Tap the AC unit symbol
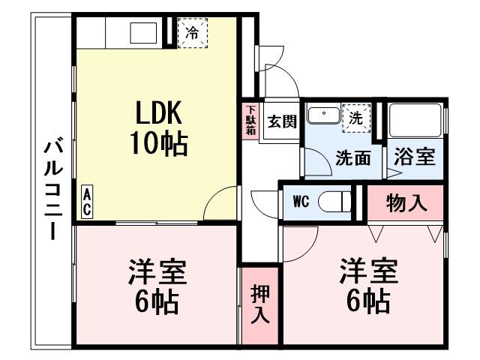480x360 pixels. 87,202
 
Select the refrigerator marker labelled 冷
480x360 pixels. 193,32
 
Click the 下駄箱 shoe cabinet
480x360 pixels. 250,120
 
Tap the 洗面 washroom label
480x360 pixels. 352,157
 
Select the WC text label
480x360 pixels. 300,201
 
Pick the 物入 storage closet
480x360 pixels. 406,202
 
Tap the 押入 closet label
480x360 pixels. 259,304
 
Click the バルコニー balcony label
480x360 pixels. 52,187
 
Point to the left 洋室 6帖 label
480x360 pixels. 157,286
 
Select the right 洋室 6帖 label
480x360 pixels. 367,286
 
